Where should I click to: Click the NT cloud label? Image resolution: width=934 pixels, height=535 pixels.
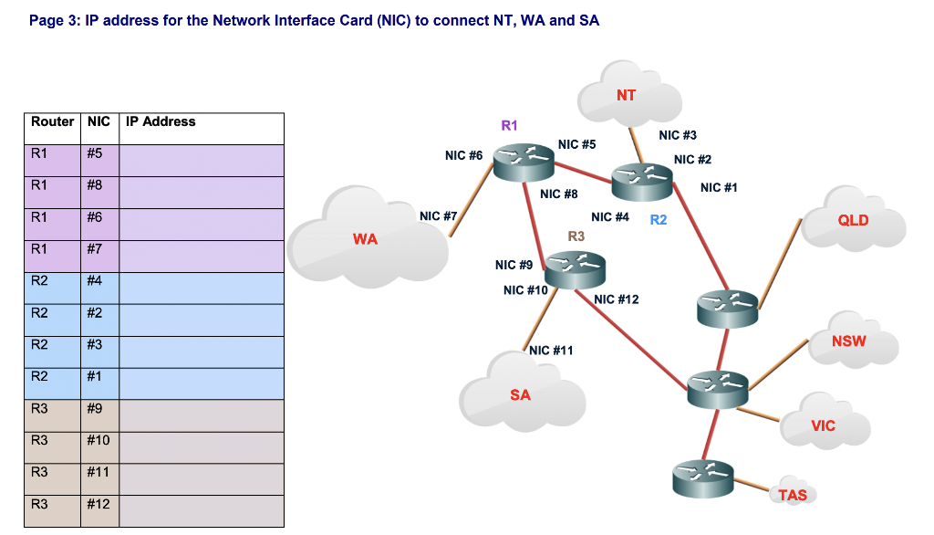click(627, 95)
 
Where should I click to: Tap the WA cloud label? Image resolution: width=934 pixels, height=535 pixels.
click(366, 239)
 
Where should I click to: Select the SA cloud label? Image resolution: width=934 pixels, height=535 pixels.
click(520, 395)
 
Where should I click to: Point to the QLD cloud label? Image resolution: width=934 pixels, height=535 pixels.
click(854, 220)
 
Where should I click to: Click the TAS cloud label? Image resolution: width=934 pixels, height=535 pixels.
click(793, 496)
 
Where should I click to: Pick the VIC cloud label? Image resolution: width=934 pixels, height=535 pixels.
click(823, 425)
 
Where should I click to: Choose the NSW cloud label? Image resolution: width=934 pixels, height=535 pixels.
click(849, 341)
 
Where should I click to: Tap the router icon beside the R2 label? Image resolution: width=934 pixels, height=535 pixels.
click(642, 181)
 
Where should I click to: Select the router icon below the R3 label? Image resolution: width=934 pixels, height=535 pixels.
click(575, 268)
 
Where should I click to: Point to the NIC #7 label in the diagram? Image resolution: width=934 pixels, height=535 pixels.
click(438, 216)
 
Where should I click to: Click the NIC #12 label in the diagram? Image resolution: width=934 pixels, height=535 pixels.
click(617, 299)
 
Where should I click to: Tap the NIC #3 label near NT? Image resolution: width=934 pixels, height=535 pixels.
click(678, 135)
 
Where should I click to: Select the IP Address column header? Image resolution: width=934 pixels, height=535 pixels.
click(161, 121)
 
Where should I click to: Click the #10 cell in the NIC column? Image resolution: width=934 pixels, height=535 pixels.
click(99, 441)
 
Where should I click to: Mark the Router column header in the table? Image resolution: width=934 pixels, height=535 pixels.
click(53, 121)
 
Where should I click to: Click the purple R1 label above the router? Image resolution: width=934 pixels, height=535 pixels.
click(509, 125)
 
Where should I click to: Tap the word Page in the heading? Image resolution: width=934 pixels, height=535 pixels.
click(45, 20)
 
